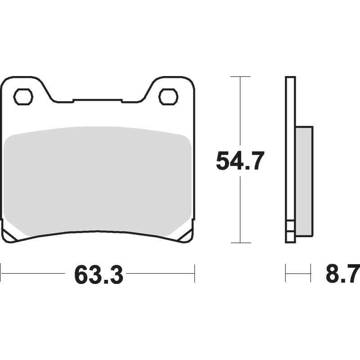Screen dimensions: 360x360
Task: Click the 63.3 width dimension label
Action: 99,274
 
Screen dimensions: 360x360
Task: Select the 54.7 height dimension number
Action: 240,161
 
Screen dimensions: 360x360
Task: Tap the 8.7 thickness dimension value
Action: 342,274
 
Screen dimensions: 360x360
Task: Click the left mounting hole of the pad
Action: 23,97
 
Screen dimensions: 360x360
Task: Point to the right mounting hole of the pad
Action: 168,97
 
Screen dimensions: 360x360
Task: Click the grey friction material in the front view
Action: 98,181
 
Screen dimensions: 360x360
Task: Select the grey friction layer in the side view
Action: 304,181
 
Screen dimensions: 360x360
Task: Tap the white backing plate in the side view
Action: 290,160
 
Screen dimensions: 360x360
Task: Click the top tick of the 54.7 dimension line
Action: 240,76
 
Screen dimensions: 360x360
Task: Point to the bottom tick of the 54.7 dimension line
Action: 240,243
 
